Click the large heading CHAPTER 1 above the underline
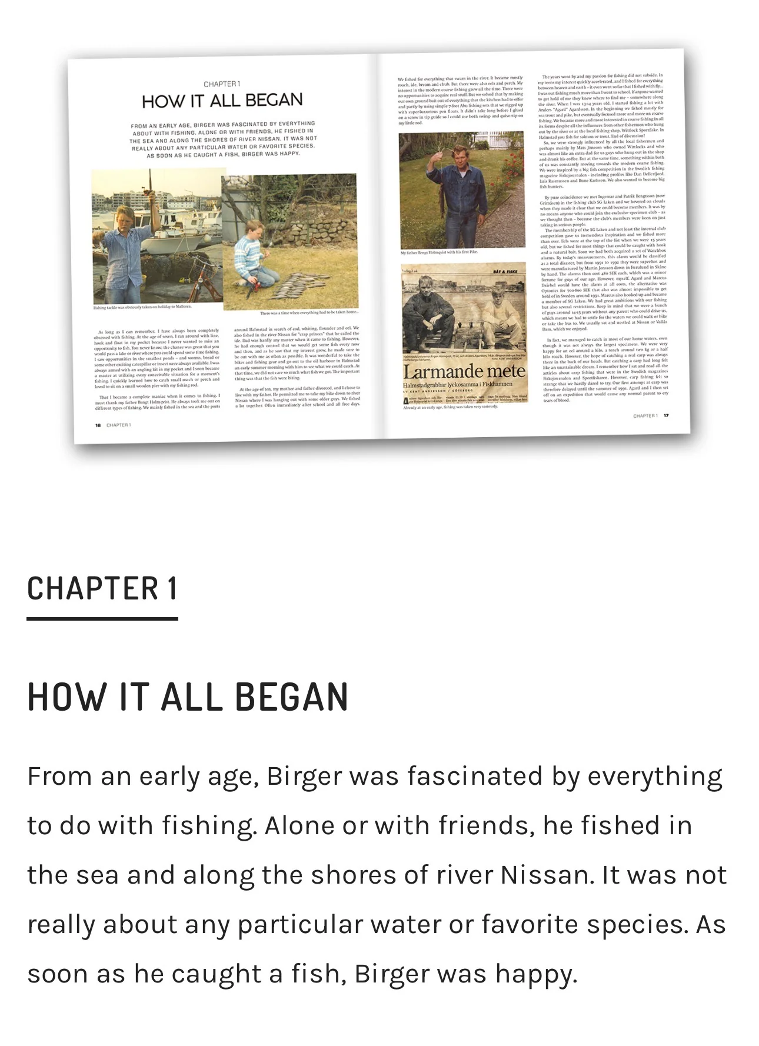point(102,588)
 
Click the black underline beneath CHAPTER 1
point(102,618)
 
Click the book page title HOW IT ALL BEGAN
point(222,101)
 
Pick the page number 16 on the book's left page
point(98,425)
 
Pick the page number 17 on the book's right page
point(666,416)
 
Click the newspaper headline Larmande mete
point(464,372)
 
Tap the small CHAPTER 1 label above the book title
point(222,84)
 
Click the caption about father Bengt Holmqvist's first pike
point(439,252)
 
